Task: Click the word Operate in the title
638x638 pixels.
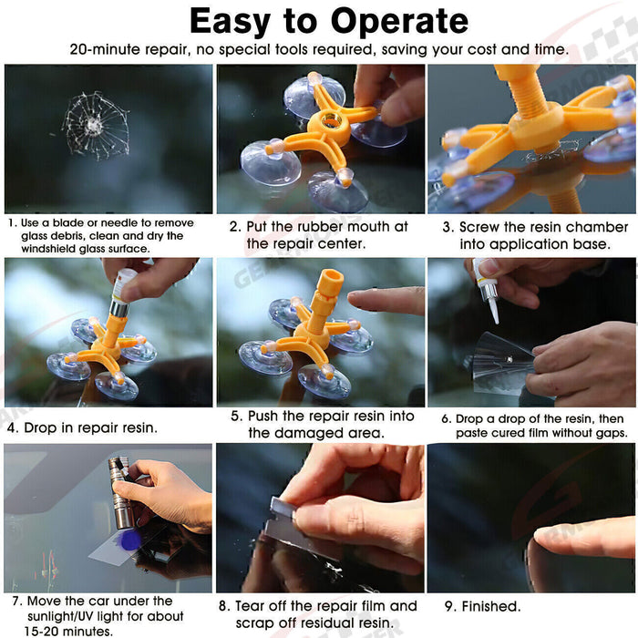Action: pyautogui.click(x=390, y=21)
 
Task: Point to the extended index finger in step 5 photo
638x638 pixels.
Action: pyautogui.click(x=383, y=301)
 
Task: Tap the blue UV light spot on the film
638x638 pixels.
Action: pyautogui.click(x=130, y=540)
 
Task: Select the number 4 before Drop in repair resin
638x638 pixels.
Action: pyautogui.click(x=11, y=426)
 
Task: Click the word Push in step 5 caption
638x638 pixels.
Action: pyautogui.click(x=265, y=416)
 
